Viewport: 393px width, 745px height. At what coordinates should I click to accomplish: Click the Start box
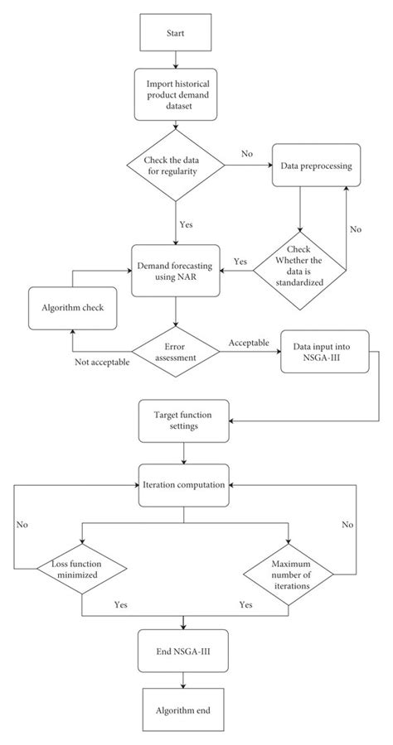[176, 35]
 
